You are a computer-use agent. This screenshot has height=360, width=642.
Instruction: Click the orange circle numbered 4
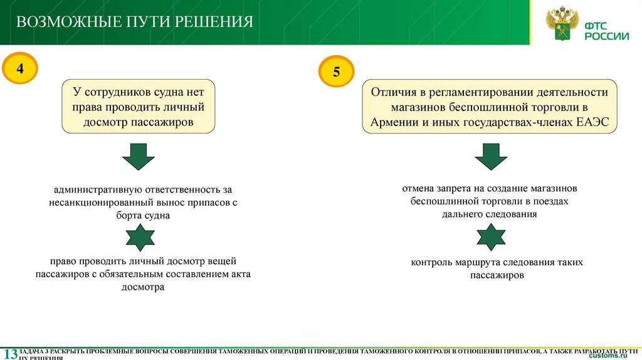tap(21, 68)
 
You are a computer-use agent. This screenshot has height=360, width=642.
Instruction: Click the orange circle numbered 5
tap(337, 72)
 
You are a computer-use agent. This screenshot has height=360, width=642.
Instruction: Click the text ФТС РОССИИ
tap(606, 31)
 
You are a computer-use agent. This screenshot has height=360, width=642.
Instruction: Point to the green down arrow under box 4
tap(139, 156)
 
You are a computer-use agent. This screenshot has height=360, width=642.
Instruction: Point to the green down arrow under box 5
tap(491, 156)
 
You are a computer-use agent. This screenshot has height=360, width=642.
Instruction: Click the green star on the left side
tap(140, 238)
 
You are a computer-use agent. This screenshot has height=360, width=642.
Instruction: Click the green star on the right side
tap(491, 236)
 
